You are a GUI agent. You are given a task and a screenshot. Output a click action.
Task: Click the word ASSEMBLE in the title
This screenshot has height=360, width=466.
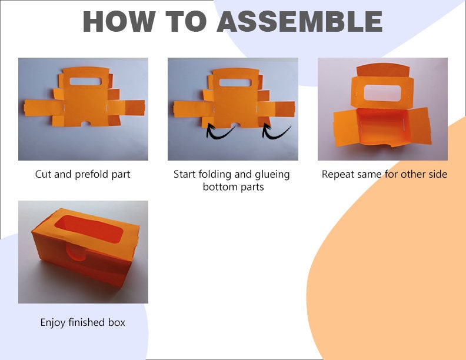(x=299, y=21)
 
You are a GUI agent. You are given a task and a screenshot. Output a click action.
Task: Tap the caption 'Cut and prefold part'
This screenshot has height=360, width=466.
(x=82, y=174)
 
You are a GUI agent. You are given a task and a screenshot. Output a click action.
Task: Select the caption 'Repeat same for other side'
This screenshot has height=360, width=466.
(x=384, y=174)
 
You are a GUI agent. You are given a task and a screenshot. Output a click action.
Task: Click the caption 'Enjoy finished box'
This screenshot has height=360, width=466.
(x=82, y=322)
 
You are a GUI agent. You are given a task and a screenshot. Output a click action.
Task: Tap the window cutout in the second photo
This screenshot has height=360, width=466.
(x=235, y=82)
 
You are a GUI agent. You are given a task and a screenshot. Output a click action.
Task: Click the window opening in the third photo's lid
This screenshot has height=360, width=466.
(x=382, y=93)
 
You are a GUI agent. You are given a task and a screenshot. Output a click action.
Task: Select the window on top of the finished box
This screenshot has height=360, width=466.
(x=89, y=229)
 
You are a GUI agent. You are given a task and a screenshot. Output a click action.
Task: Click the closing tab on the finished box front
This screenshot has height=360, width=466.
(x=76, y=252)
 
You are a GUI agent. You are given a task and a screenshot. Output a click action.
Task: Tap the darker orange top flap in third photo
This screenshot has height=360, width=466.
(x=383, y=71)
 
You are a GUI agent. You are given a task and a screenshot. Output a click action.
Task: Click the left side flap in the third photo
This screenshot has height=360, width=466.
(x=345, y=127)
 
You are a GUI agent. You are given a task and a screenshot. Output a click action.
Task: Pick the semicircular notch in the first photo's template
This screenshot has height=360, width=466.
(x=86, y=124)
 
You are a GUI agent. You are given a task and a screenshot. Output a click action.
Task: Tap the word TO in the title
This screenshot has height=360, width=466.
(x=186, y=21)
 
